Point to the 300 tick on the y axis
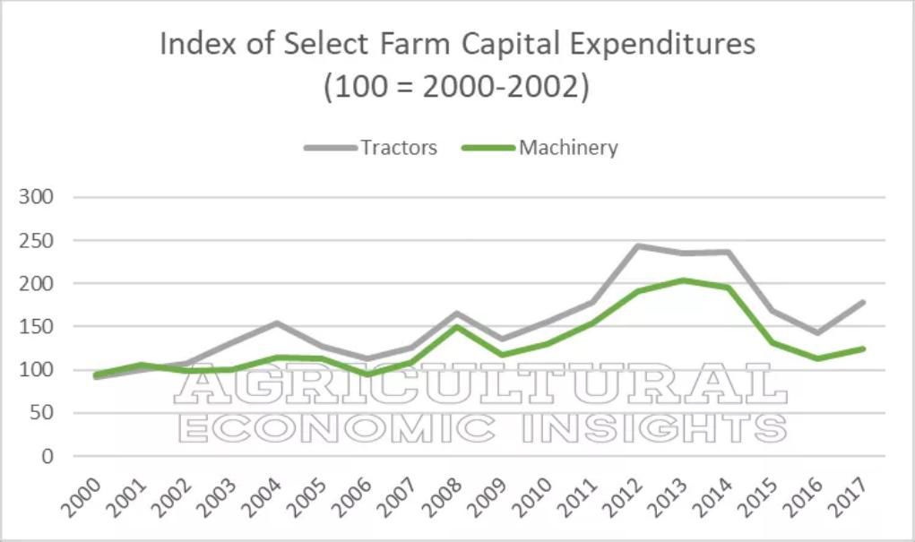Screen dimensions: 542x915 (37, 197)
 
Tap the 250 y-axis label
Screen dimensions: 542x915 (37, 240)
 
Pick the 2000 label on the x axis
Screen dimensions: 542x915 (83, 494)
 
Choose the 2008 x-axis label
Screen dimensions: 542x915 (444, 494)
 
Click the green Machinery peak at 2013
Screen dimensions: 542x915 (683, 280)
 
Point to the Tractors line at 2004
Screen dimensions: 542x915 (277, 323)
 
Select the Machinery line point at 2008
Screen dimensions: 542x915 (457, 327)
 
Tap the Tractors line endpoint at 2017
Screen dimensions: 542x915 (863, 302)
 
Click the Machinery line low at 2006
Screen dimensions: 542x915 (367, 374)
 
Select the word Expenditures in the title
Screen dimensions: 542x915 (649, 44)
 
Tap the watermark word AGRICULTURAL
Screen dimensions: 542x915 (480, 386)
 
